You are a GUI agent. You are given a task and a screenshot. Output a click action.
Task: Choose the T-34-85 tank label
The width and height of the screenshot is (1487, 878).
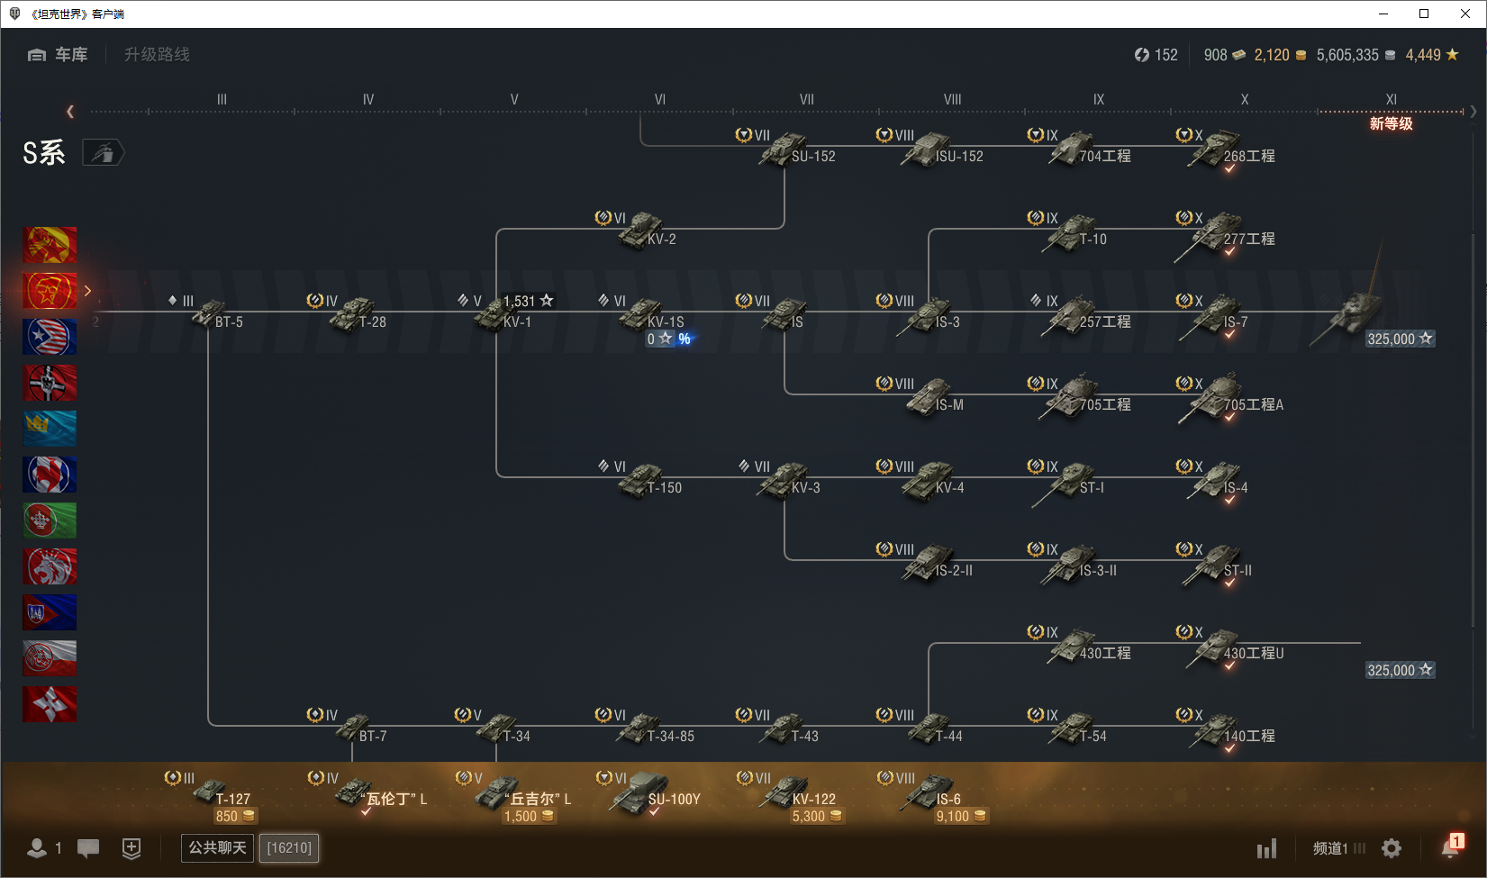(x=670, y=736)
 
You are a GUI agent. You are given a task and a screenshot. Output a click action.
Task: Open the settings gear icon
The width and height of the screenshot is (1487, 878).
(x=1392, y=848)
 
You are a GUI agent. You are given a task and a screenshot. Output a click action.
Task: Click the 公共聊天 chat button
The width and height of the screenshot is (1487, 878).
(x=217, y=847)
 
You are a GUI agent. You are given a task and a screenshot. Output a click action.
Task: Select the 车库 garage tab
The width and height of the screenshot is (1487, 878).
(x=58, y=54)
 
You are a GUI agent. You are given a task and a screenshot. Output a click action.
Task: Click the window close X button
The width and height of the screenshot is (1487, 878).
(x=1465, y=14)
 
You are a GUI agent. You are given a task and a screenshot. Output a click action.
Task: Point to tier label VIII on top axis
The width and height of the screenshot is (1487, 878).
(x=952, y=100)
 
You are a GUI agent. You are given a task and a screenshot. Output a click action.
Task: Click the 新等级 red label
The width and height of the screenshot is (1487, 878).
(x=1392, y=123)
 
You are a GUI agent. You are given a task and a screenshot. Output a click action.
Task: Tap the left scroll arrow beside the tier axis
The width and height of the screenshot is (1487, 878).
(x=69, y=112)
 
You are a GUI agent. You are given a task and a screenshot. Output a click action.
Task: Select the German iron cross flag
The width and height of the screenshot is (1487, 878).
(x=50, y=383)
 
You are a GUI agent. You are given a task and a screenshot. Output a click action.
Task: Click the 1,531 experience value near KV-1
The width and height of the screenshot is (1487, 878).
(x=519, y=302)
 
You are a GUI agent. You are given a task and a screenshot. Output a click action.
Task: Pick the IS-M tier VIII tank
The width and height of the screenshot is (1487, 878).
(x=933, y=397)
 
